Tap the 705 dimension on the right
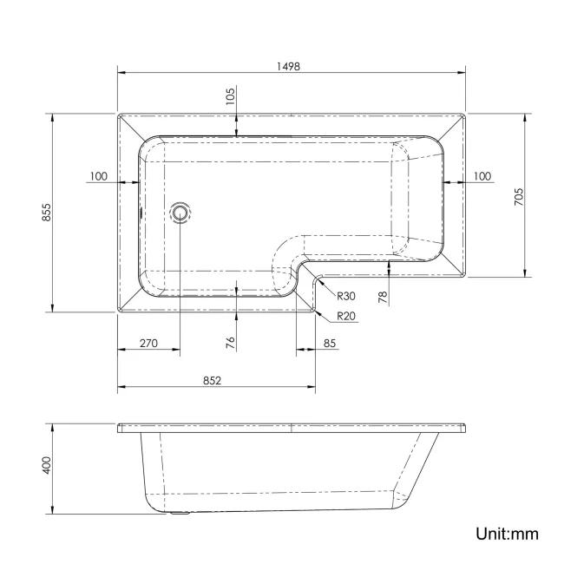(x=518, y=195)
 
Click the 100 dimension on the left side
(x=98, y=176)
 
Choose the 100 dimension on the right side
(x=482, y=176)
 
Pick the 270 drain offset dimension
(x=148, y=344)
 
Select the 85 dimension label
(x=330, y=344)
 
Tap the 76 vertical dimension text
(x=231, y=342)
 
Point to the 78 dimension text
(x=383, y=297)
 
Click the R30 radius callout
(x=346, y=296)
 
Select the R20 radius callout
(x=346, y=315)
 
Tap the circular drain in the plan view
(x=180, y=212)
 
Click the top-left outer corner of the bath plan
(x=118, y=113)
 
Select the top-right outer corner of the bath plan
(x=465, y=113)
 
